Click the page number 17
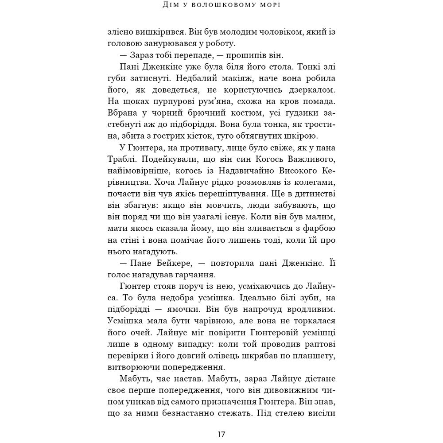click(x=221, y=434)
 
